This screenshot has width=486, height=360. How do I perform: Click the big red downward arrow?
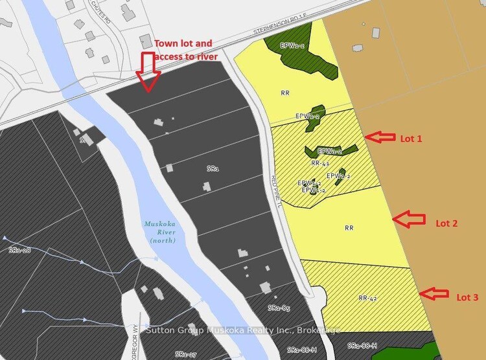(x=148, y=71)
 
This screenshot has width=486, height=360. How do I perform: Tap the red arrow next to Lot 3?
(x=434, y=294)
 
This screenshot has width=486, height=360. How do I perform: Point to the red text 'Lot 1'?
(x=410, y=138)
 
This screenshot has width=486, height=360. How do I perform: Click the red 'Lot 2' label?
(x=446, y=223)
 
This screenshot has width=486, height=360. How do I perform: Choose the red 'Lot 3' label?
(x=467, y=297)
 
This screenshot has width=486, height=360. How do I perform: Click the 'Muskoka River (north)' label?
(x=159, y=232)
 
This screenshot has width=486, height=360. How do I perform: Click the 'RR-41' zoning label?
(x=320, y=164)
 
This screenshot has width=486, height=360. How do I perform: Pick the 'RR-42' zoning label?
(x=367, y=298)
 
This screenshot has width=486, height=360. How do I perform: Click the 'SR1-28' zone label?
(x=19, y=249)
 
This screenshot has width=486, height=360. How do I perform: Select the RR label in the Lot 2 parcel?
(x=349, y=228)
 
